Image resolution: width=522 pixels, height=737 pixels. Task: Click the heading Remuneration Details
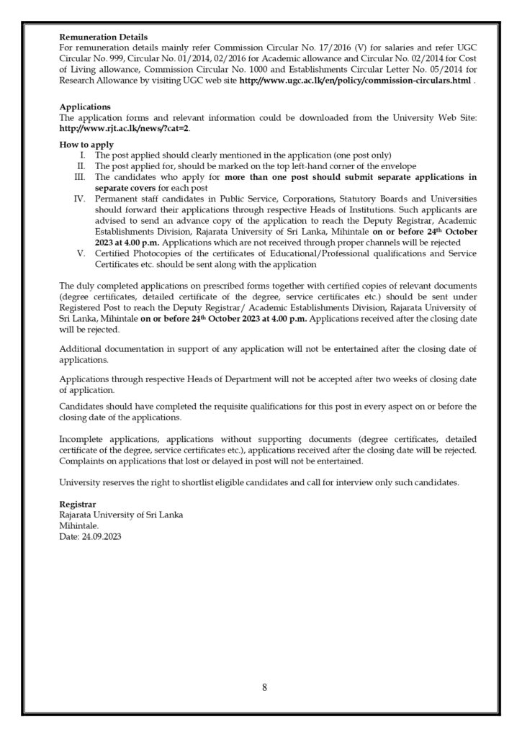[104, 37]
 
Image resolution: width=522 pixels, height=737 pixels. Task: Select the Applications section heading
[85, 106]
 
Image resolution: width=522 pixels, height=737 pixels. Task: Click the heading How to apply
[87, 145]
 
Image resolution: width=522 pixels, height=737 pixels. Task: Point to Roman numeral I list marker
[84, 155]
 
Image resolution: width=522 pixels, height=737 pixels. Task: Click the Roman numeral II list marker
[82, 166]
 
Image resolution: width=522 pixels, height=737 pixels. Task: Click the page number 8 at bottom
[264, 687]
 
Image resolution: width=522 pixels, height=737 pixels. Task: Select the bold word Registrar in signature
[78, 505]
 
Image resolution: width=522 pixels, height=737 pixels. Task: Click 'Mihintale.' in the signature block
[79, 526]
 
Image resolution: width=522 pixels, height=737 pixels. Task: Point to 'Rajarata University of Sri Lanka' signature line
[121, 515]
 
